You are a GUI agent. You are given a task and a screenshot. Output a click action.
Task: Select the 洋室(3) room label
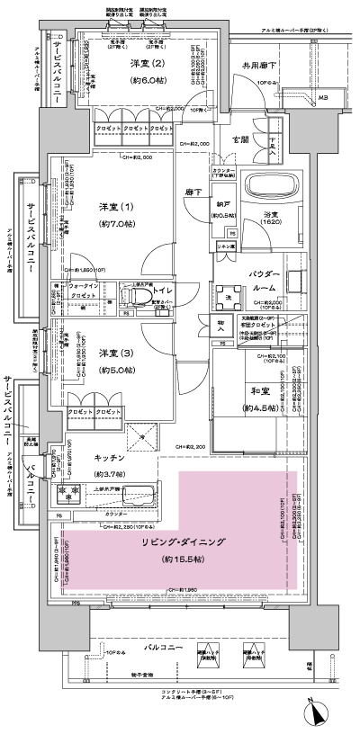(x=111, y=352)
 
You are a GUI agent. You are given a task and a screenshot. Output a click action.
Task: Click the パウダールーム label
(x=264, y=280)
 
